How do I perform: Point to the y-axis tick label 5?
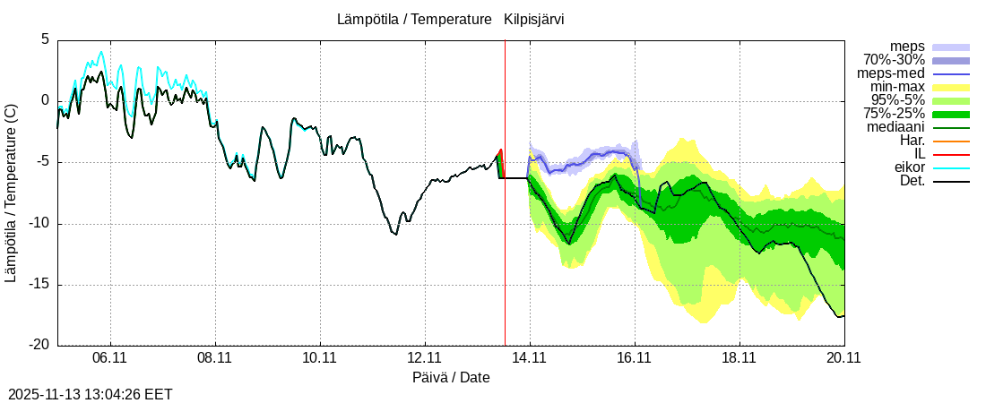45,39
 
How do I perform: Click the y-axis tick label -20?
39,346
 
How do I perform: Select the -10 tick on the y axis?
39,224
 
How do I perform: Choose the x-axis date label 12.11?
424,359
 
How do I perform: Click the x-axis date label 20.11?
843,359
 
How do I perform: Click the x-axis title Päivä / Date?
451,377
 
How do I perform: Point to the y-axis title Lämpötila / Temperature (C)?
11,193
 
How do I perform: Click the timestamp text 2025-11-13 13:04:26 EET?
90,394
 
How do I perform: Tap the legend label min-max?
897,87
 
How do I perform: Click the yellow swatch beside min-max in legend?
951,88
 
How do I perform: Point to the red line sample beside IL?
951,155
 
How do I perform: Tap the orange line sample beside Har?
951,141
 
